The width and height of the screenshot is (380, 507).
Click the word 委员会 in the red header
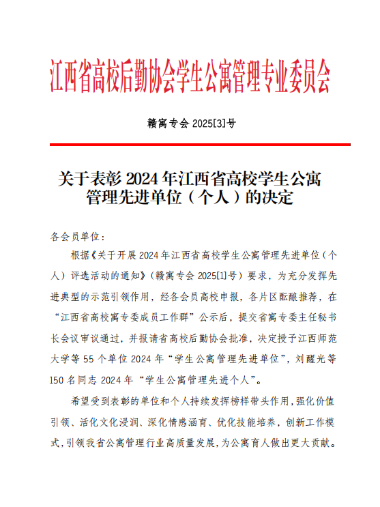pyautogui.click(x=308, y=77)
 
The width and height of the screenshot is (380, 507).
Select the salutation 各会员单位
pyautogui.click(x=75, y=237)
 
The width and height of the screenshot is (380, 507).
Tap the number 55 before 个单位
pyautogui.click(x=96, y=358)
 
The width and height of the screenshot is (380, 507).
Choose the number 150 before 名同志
pyautogui.click(x=59, y=378)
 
